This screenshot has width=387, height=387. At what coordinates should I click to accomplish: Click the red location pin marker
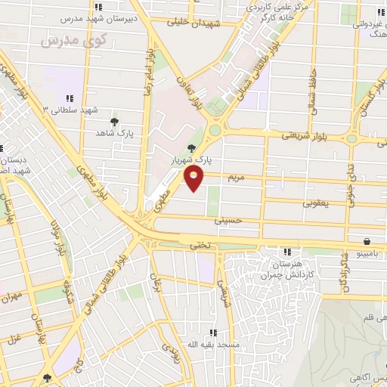[x=194, y=178]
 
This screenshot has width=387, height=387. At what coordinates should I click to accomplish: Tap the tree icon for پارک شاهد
[x=115, y=121]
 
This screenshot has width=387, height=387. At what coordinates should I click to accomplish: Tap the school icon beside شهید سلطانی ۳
[x=70, y=98]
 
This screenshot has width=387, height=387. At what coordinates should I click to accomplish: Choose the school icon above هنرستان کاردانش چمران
[x=287, y=252]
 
